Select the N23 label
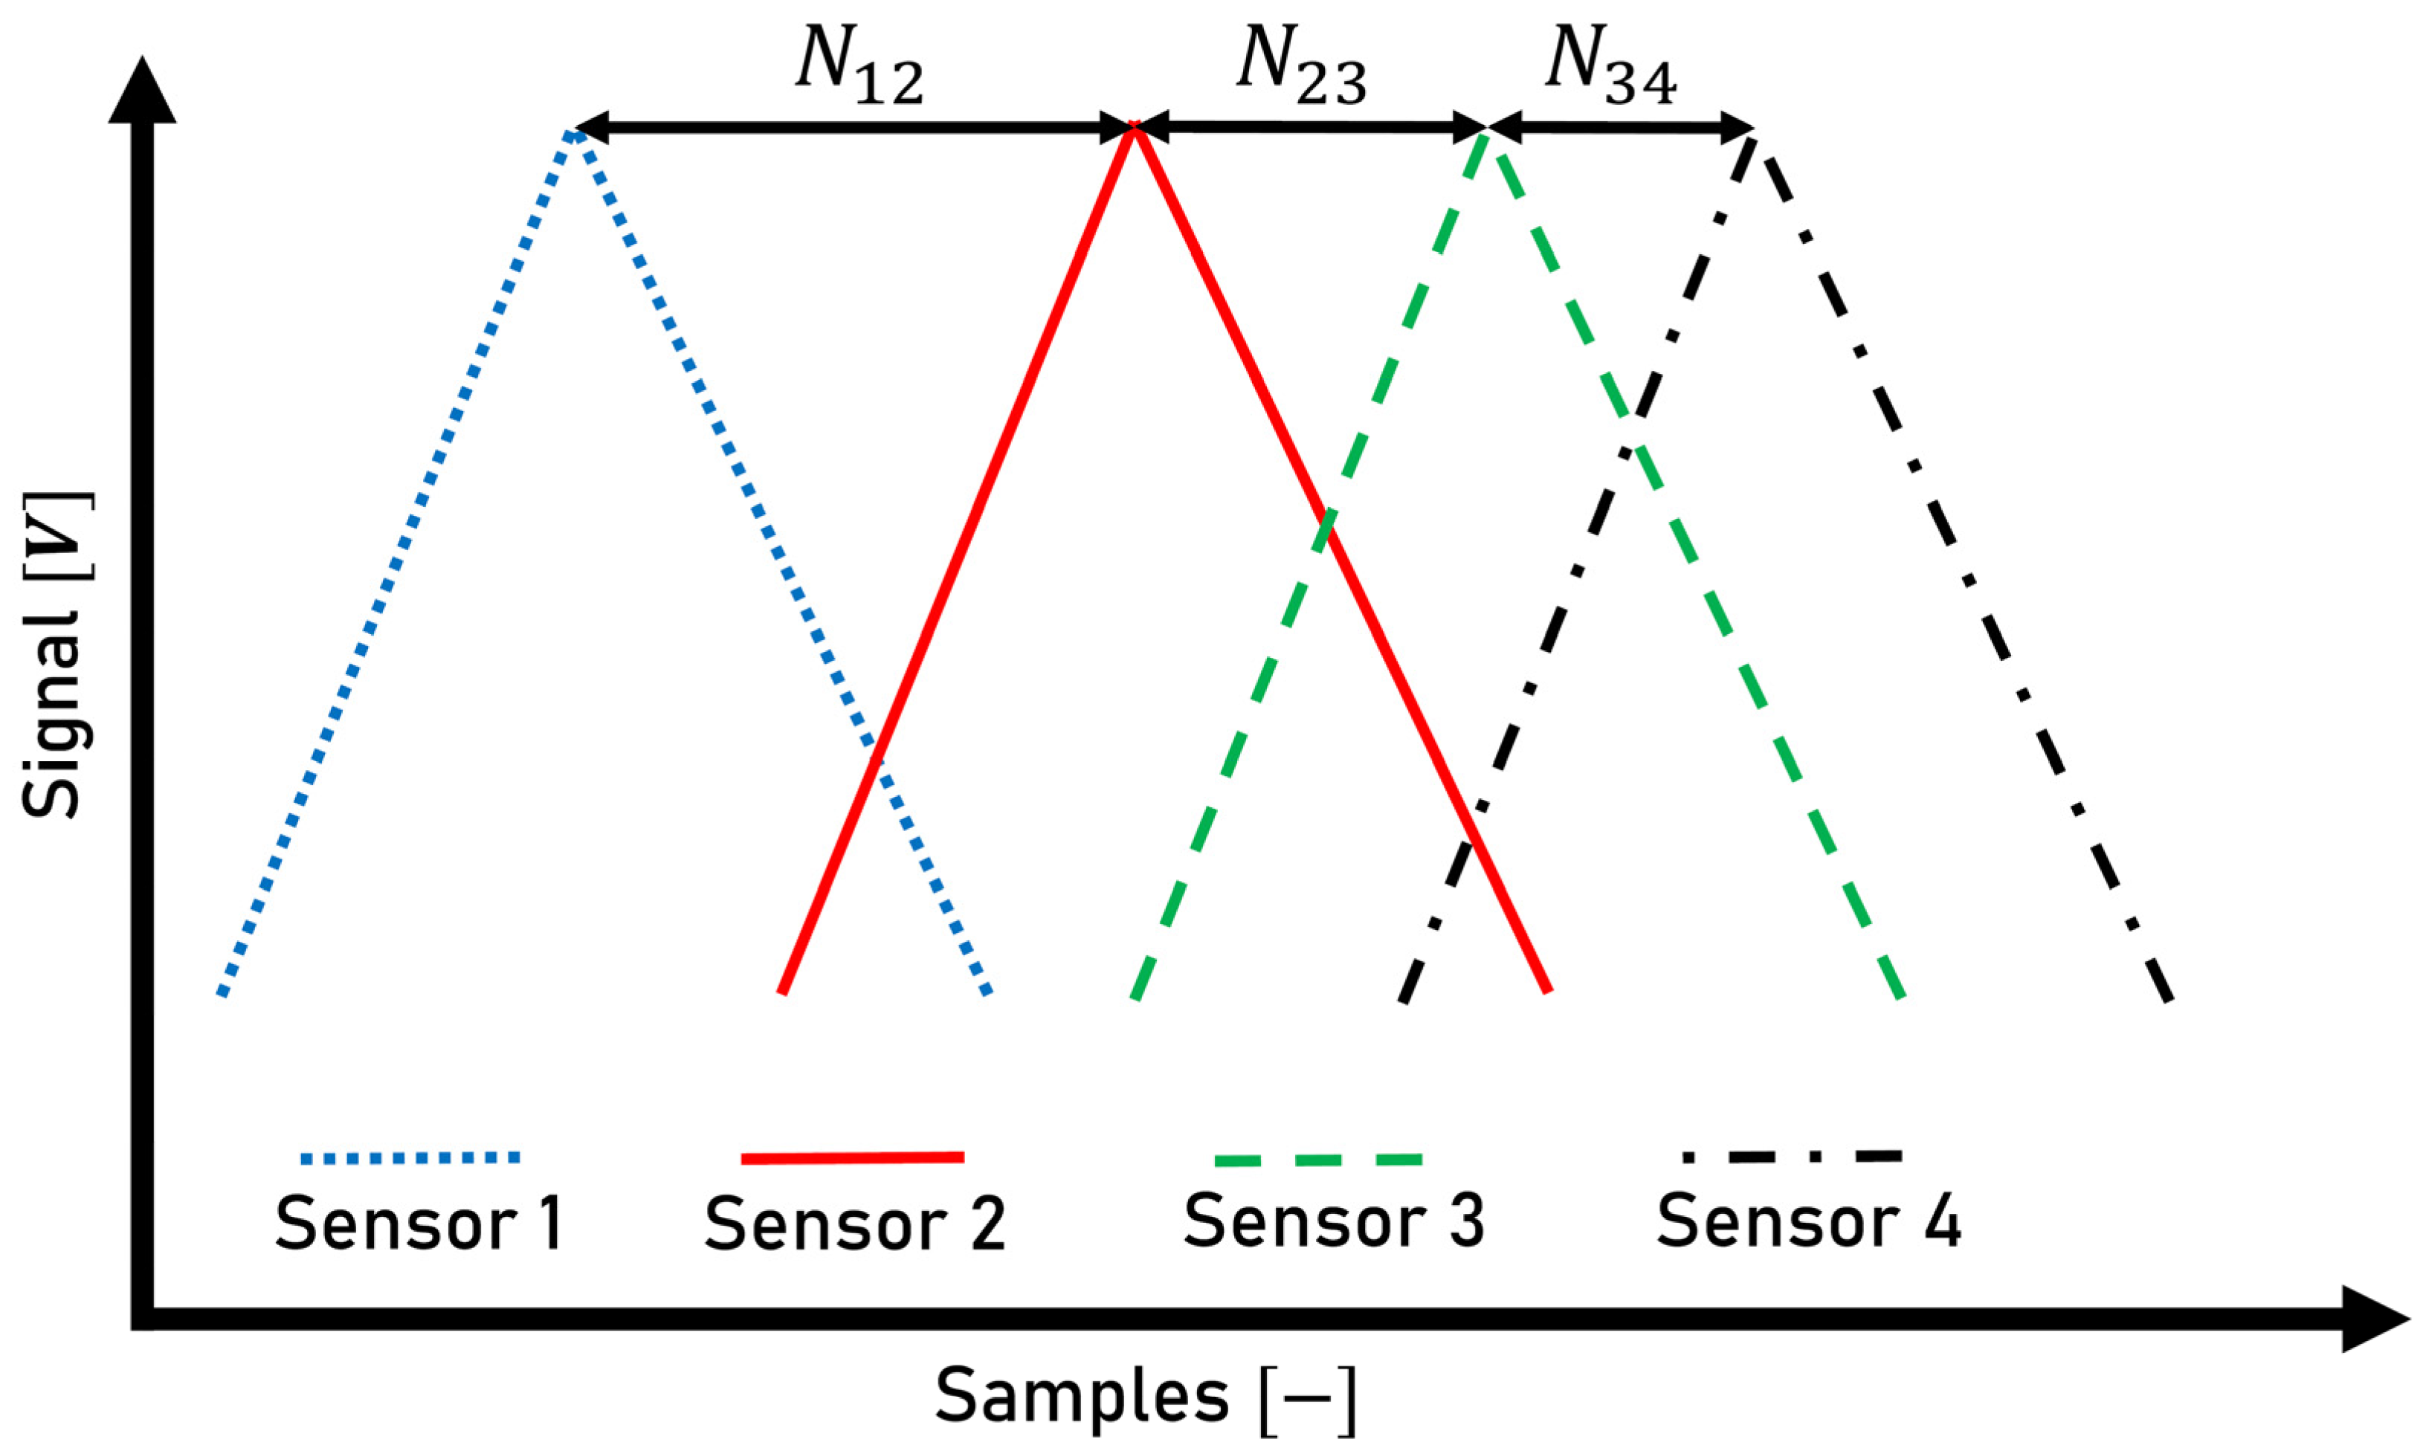pyautogui.click(x=1301, y=68)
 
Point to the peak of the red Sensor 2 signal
pyautogui.click(x=1135, y=126)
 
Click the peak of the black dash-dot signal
pyautogui.click(x=1754, y=139)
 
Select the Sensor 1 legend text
pyautogui.click(x=419, y=1223)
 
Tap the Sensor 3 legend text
pyautogui.click(x=1335, y=1221)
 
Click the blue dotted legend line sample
pyautogui.click(x=410, y=1158)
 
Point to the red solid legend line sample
pyautogui.click(x=853, y=1158)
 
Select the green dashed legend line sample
pyautogui.click(x=1317, y=1160)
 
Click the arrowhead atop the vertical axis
pyautogui.click(x=143, y=93)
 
